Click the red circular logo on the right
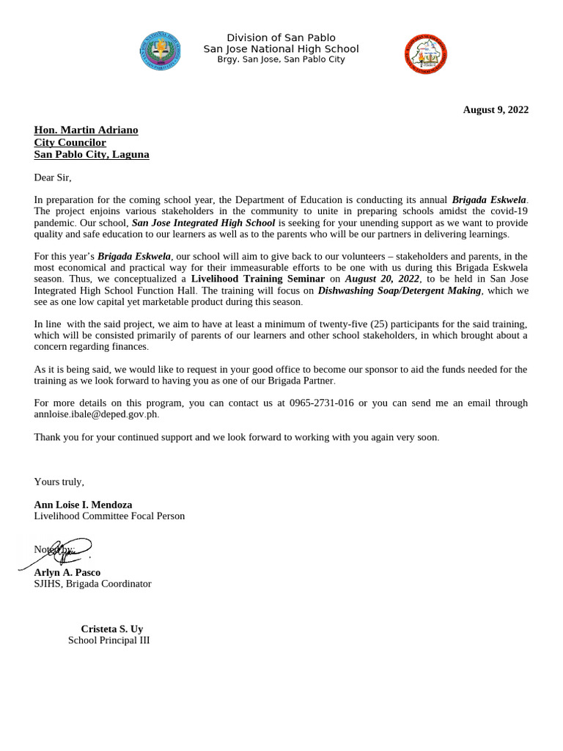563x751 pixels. point(425,54)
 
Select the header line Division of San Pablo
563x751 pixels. point(281,37)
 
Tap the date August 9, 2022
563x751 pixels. point(496,110)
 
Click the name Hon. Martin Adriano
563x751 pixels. point(86,130)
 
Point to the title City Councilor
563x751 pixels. point(70,142)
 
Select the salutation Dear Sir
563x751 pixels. point(53,177)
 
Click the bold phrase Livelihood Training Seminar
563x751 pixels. point(258,279)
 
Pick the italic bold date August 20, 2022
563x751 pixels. point(383,279)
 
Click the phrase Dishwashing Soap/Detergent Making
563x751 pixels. point(400,290)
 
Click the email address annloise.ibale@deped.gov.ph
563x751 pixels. point(95,414)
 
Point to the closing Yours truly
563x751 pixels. point(59,482)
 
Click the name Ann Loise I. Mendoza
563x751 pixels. point(83,505)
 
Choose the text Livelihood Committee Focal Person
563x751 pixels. point(109,516)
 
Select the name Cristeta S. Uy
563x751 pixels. point(111,629)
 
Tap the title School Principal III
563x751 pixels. point(108,640)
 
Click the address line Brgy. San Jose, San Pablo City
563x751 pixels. point(281,59)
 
